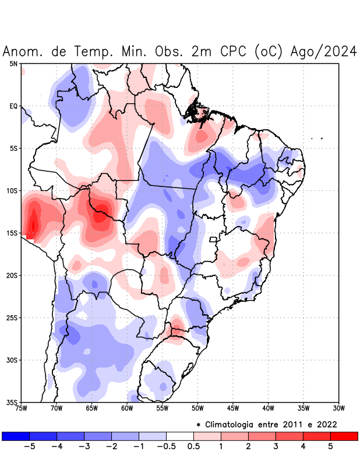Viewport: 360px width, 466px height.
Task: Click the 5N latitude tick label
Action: (13, 63)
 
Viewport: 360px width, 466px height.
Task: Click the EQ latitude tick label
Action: (13, 106)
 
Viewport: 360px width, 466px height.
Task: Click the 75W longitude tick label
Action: (22, 408)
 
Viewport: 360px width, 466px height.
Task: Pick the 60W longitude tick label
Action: (127, 408)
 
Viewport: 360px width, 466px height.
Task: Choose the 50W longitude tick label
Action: (197, 408)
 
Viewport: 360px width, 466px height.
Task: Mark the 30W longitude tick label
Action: (338, 408)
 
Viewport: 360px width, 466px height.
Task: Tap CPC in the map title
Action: (235, 52)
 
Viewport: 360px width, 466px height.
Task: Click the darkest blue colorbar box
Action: (16, 436)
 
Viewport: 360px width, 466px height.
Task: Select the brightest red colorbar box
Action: (344, 436)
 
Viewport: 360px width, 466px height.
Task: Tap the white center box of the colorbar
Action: (180, 436)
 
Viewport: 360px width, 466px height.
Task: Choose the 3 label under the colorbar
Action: (276, 447)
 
